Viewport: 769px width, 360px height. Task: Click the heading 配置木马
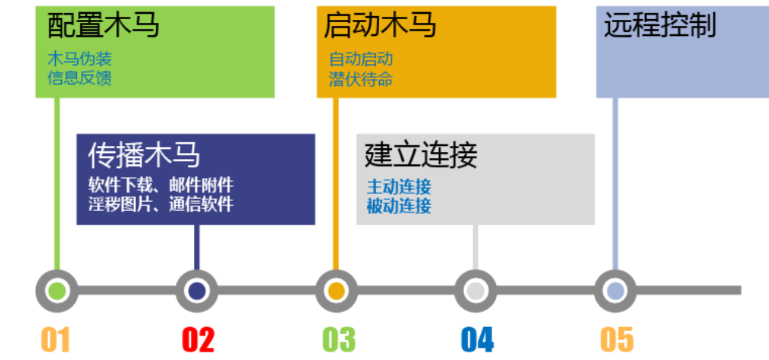103,26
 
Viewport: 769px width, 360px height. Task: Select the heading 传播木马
144,155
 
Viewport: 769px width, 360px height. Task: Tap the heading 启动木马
380,26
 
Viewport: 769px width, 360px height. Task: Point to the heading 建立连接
421,155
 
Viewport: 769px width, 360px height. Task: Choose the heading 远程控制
660,26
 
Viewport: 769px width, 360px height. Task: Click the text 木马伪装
79,59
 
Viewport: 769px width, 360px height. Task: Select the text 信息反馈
79,77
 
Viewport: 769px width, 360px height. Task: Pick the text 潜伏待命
361,78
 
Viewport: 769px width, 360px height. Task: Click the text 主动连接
399,186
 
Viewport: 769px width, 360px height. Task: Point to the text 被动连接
399,205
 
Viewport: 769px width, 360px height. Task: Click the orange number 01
55,339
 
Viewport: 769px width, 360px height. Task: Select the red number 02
198,339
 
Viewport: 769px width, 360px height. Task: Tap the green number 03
339,339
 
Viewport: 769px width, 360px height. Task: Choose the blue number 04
477,339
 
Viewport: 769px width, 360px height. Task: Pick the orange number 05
617,339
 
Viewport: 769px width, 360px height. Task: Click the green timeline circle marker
57,290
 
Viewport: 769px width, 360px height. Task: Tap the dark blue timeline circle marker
196,290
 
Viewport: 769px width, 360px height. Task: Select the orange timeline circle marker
336,290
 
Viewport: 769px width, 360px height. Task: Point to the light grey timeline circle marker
475,290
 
